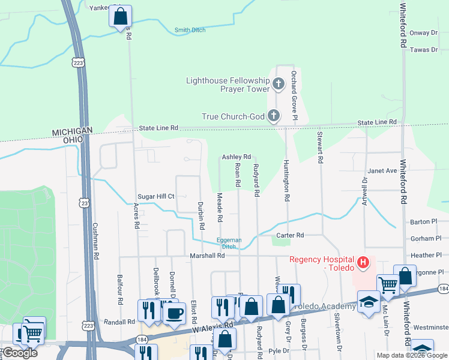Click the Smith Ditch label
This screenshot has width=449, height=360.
click(x=190, y=30)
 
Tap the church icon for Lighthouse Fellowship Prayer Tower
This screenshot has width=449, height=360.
click(x=279, y=84)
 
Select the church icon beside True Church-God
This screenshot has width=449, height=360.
click(x=274, y=116)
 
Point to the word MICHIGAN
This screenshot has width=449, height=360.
click(x=72, y=131)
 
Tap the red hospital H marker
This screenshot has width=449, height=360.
click(x=363, y=262)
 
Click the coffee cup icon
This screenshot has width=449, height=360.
click(x=175, y=312)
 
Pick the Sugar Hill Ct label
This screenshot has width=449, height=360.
click(x=155, y=196)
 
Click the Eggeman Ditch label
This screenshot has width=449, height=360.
click(x=229, y=243)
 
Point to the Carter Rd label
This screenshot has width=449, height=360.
click(x=290, y=235)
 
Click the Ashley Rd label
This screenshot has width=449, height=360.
click(x=236, y=157)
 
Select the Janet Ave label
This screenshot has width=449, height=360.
click(x=382, y=170)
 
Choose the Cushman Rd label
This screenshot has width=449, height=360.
click(x=95, y=241)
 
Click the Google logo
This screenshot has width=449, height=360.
click(x=20, y=353)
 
